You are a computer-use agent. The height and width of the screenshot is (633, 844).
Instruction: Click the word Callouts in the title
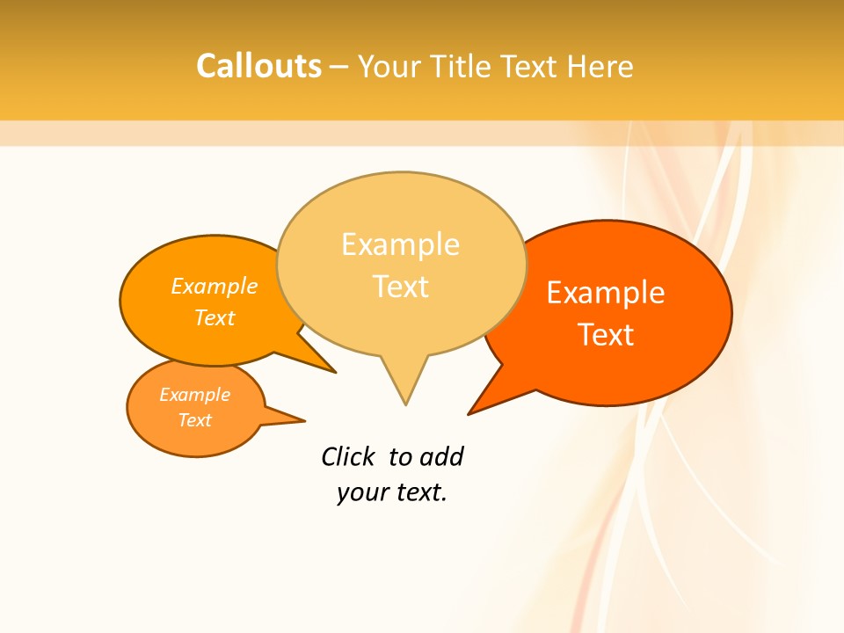[x=258, y=66]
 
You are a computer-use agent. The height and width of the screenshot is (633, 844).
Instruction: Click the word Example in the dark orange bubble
[x=606, y=293]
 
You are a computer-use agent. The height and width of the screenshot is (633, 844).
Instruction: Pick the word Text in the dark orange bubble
[x=606, y=335]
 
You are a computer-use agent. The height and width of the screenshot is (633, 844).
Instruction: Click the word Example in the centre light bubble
[x=400, y=244]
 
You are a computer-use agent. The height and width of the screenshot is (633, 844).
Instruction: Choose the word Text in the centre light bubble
[x=401, y=287]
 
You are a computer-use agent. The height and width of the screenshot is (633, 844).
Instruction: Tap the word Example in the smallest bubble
[x=194, y=395]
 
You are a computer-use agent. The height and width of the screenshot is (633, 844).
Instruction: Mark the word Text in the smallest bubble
[x=194, y=420]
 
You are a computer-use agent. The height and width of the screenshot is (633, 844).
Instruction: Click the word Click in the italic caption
[x=348, y=456]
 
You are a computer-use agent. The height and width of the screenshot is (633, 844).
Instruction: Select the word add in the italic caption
[x=441, y=456]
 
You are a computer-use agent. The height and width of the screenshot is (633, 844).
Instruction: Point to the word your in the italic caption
[x=361, y=492]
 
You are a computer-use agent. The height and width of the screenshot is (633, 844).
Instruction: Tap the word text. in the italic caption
[x=419, y=492]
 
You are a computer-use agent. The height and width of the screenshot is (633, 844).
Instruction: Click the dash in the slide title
[x=339, y=67]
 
